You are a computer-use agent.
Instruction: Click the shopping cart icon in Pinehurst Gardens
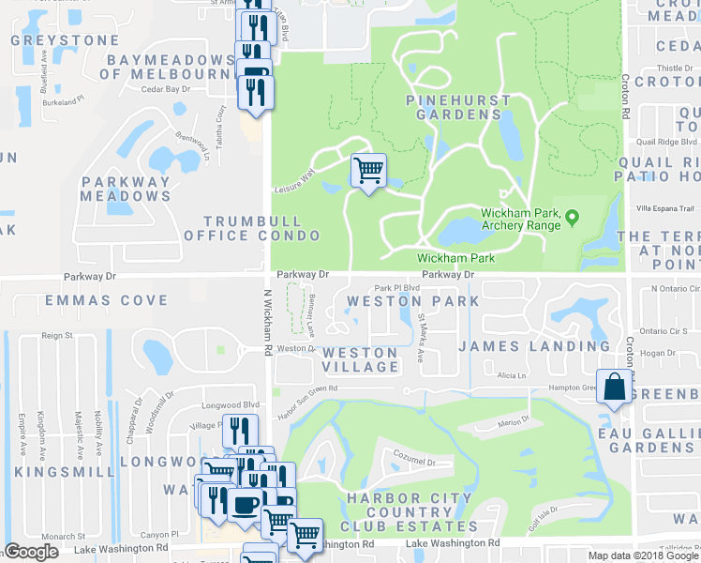click(x=368, y=171)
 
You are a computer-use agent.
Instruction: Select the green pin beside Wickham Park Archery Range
click(x=574, y=218)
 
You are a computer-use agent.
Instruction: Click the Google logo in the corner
click(x=32, y=552)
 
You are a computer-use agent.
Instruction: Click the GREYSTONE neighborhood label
click(x=64, y=41)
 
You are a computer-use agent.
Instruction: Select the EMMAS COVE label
click(x=92, y=301)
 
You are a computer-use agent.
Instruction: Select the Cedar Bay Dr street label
click(x=167, y=89)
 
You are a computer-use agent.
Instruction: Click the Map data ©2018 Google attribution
click(x=643, y=555)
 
